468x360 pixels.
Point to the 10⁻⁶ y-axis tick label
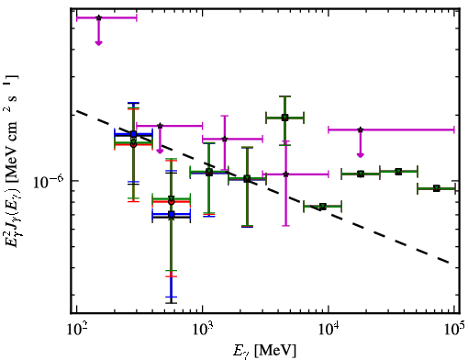49,182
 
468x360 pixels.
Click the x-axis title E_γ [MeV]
264,350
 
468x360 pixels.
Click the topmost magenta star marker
98,17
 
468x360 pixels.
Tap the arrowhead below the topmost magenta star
98,43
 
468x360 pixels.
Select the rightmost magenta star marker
361,129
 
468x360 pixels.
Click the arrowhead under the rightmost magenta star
361,155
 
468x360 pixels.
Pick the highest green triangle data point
284,118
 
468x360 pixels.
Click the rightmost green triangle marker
437,188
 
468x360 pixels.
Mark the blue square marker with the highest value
133,134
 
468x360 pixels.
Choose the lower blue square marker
172,214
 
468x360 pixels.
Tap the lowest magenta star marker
285,174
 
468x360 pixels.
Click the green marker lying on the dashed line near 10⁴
322,207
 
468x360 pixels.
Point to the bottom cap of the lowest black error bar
172,303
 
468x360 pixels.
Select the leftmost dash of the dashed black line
82,113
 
